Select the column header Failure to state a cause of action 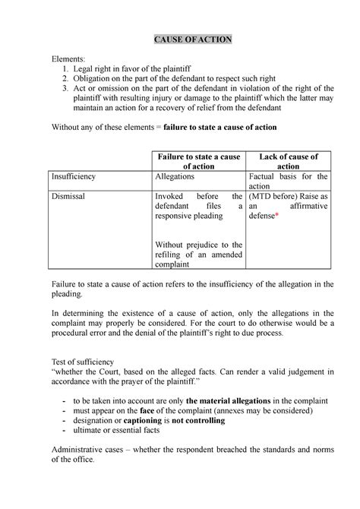click(x=197, y=162)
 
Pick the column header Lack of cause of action click(x=288, y=162)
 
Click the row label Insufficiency click(x=74, y=176)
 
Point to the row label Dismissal click(x=68, y=195)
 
